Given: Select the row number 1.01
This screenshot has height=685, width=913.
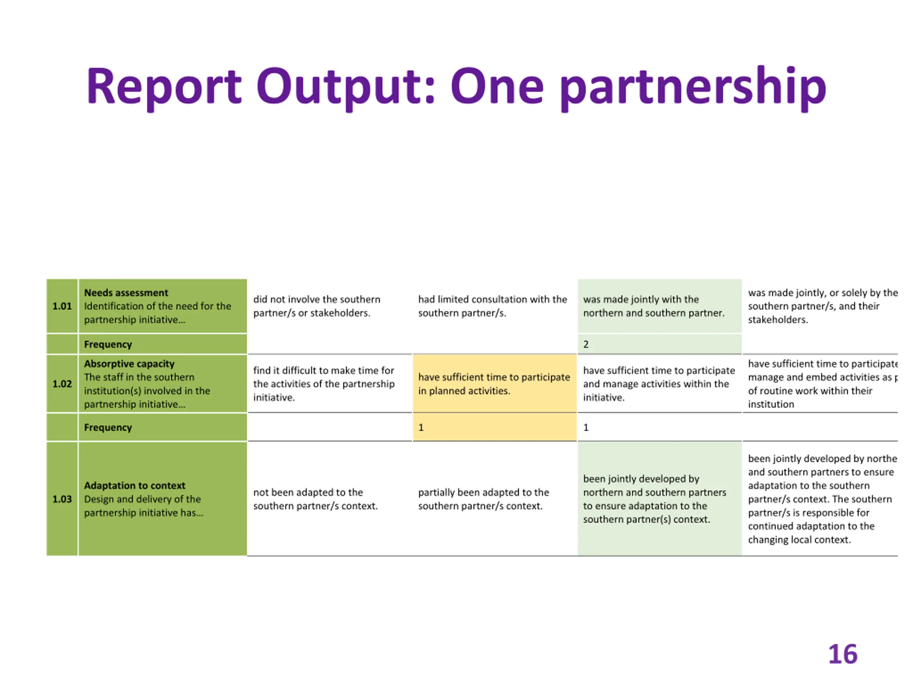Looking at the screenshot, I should point(62,306).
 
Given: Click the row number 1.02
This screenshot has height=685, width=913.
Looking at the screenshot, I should point(62,384).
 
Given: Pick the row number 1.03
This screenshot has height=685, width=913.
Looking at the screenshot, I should point(62,499).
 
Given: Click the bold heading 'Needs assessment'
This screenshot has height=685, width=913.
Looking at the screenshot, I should point(126,293).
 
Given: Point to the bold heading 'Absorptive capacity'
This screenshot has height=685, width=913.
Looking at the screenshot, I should point(129,364).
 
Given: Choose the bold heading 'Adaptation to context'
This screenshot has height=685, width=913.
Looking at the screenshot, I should point(134,486).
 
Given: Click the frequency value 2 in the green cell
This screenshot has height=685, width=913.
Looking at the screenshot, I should point(586,344).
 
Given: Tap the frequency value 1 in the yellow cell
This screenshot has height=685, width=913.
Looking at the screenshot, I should point(421,427).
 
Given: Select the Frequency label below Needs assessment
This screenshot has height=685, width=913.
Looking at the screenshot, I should point(108,344).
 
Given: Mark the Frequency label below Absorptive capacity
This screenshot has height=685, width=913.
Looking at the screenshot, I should point(108,427).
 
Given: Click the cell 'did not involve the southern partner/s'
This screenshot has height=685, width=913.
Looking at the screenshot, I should point(317,306).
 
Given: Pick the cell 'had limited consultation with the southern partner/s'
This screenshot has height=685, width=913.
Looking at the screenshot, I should point(493,306).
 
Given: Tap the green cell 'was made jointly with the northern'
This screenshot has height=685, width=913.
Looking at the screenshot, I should point(653,306).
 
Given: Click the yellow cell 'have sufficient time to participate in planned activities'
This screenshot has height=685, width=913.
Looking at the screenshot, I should point(494,384).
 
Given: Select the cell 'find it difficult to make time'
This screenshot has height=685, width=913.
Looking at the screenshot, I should point(323,384).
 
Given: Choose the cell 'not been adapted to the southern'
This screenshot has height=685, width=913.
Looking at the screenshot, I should point(315,499).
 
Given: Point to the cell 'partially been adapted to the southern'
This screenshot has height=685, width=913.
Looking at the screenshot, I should point(483,499).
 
